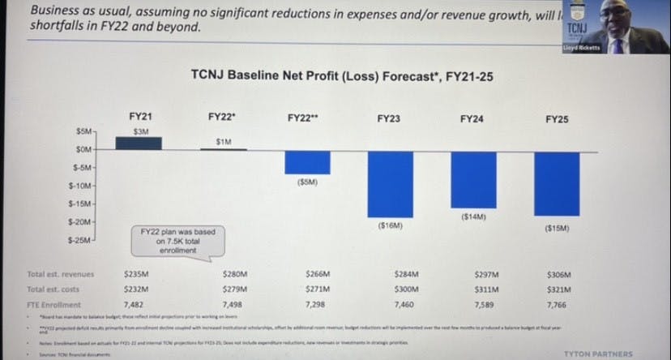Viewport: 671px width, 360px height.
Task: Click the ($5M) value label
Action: tap(308, 182)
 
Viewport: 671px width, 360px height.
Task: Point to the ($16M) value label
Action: tap(391, 225)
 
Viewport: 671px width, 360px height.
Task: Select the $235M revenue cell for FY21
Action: tap(139, 275)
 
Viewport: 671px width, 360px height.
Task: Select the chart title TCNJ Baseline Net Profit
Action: tap(340, 77)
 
